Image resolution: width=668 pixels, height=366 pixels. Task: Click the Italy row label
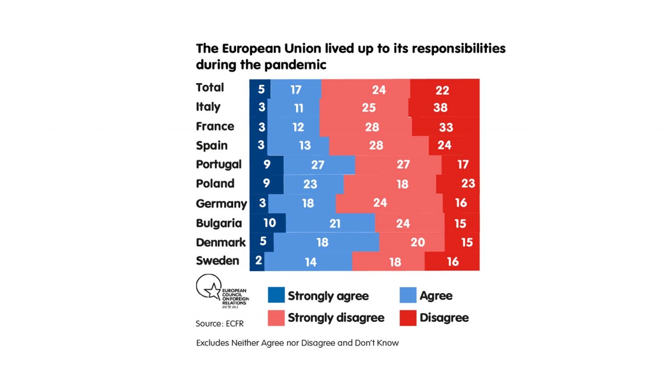[x=208, y=107]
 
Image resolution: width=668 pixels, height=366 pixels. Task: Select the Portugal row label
[x=219, y=164]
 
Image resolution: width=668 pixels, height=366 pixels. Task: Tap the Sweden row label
[x=217, y=260]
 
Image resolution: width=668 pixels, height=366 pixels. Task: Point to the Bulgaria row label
[x=219, y=223]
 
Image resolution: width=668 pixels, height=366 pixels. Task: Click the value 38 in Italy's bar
[x=440, y=108]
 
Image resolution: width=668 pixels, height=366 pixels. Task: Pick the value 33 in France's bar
[x=446, y=127]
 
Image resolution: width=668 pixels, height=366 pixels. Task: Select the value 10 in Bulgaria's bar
[x=269, y=223]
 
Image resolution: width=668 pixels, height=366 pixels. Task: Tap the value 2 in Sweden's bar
[x=258, y=260]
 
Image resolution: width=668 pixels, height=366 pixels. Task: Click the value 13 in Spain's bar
[x=305, y=146]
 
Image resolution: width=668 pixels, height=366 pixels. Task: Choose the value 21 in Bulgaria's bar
[x=335, y=224]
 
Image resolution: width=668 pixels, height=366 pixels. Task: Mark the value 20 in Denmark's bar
[x=417, y=242]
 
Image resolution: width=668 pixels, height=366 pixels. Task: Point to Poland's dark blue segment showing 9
[x=266, y=183]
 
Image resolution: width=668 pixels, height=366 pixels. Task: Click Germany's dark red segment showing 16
[x=461, y=203]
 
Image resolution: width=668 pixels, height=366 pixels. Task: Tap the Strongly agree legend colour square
[x=276, y=295]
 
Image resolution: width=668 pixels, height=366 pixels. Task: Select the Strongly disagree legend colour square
[x=276, y=317]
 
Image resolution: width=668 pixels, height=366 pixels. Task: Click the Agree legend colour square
[x=408, y=295]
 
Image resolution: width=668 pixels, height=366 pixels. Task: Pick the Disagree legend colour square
[x=408, y=317]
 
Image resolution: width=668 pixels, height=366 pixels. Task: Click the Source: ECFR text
[x=220, y=324]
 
